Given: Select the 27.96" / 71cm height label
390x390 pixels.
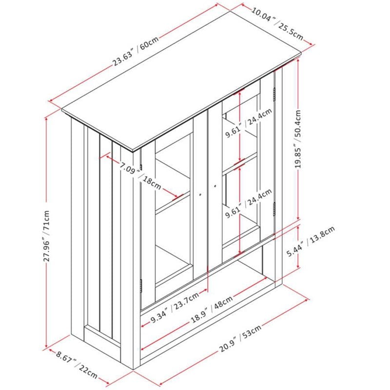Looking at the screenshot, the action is [47, 236].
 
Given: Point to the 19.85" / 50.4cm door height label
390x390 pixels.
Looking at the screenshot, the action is [298, 139].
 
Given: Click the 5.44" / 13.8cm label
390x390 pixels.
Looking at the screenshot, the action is [311, 241].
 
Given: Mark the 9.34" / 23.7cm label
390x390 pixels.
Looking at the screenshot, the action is [175, 308].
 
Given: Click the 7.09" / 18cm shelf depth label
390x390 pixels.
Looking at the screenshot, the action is [140, 175].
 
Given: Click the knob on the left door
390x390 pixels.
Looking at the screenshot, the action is [200, 195].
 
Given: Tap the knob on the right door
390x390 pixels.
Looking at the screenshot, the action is [215, 186].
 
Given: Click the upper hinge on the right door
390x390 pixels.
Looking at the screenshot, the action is [274, 94].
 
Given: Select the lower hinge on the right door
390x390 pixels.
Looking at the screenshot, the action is [274, 209].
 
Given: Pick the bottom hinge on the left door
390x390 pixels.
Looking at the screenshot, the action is [141, 286].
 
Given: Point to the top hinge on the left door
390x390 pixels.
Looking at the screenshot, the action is [141, 167].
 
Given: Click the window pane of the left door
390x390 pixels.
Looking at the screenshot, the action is [174, 212].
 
